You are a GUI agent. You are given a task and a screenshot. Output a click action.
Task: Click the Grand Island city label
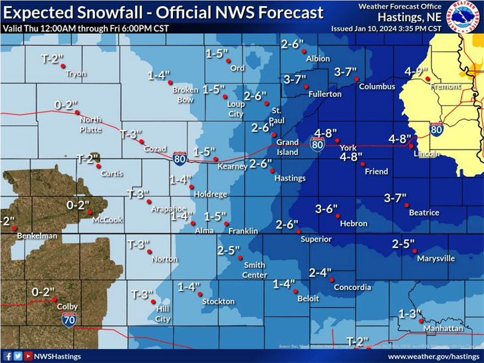pos(287,147)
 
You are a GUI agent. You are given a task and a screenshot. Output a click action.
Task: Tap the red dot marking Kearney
pos(215,159)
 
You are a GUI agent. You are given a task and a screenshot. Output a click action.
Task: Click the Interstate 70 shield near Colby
pos(68,320)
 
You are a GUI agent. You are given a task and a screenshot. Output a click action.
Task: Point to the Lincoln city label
pos(426,154)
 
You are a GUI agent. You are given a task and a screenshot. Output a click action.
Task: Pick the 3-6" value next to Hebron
pos(326,209)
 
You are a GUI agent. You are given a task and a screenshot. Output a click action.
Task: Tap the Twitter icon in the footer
pos(18,356)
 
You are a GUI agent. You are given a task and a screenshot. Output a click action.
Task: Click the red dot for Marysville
pos(415,251)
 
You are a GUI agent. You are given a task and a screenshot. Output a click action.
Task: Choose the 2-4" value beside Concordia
pos(320,272)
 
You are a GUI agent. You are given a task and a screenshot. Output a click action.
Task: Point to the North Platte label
pos(90,125)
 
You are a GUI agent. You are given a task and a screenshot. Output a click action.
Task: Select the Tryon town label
pos(76,74)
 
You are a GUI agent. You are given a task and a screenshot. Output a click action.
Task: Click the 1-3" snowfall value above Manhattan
pos(410,313)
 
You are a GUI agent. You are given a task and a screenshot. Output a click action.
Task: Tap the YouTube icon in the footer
pos(28,356)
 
